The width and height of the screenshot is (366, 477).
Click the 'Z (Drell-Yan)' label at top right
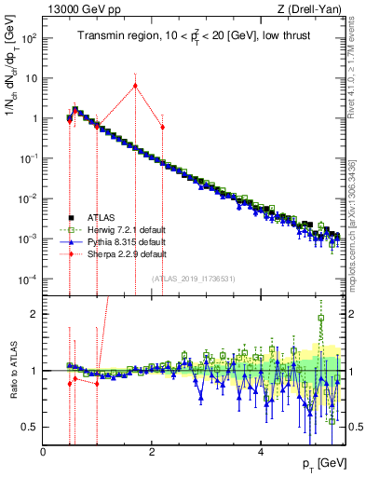[x=315, y=9]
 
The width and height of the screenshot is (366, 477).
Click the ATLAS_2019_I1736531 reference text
[x=193, y=278]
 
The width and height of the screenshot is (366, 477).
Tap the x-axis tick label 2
[x=152, y=453]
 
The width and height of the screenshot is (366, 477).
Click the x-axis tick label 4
[x=261, y=453]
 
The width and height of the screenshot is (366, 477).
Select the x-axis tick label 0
[x=44, y=453]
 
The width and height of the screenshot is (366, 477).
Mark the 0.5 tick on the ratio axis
[x=32, y=427]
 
